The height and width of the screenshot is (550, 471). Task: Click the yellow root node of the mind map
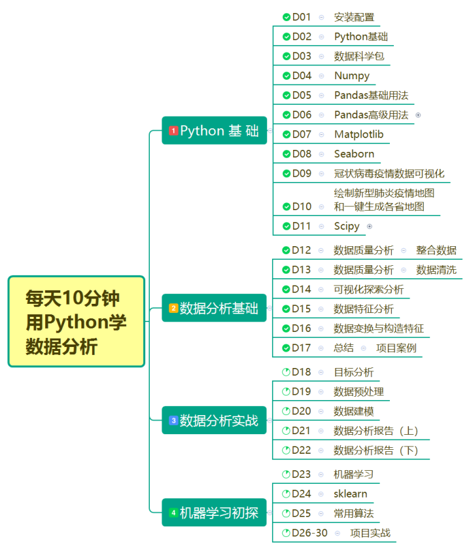76,321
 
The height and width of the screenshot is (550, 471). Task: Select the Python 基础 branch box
214,131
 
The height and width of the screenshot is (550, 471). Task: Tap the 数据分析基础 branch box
214,308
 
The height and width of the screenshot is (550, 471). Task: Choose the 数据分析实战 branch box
214,420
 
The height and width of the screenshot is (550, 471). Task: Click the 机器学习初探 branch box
214,513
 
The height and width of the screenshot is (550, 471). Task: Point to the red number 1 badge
173,131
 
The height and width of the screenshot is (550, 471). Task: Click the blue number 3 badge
173,420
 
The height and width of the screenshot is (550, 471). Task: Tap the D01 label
302,17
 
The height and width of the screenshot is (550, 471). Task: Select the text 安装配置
354,17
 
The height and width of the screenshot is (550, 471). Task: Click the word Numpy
352,76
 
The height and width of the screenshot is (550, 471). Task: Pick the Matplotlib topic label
359,135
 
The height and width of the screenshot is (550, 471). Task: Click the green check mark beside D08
287,155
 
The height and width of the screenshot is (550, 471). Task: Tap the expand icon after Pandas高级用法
418,115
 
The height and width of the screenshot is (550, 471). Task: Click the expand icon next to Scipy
370,227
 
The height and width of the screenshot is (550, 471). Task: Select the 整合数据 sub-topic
436,250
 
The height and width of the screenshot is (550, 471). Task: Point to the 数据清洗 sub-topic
436,270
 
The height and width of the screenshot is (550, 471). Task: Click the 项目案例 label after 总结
396,348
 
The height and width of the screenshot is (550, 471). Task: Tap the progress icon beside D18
286,372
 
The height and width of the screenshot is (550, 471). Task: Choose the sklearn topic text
351,494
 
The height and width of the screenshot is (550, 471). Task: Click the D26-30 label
309,533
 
